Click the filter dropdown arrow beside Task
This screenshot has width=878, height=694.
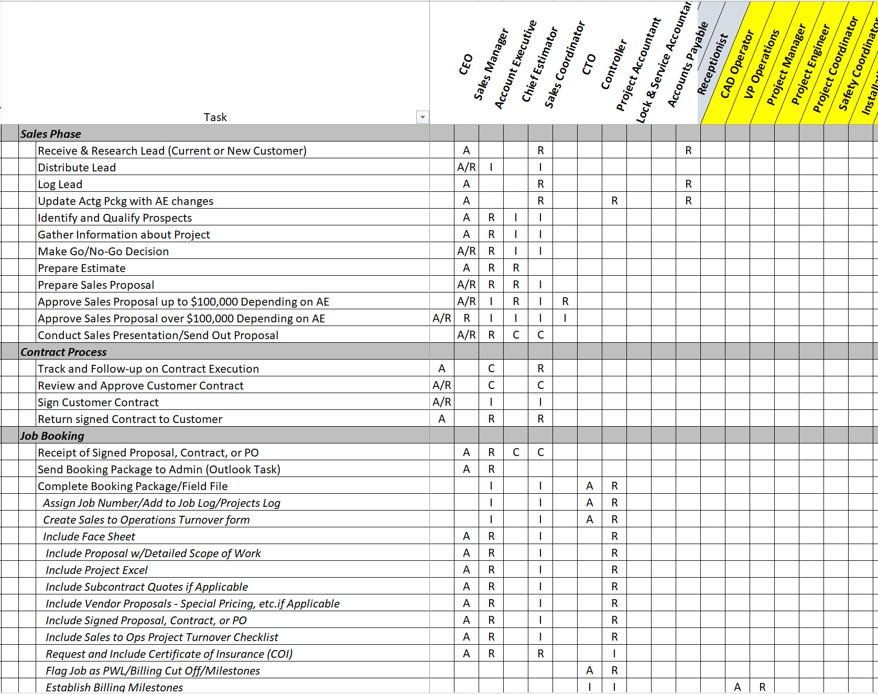coord(422,117)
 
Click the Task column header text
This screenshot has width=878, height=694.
coord(215,117)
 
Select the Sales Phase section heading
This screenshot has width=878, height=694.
coord(51,134)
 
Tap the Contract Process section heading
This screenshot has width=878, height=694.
coord(63,352)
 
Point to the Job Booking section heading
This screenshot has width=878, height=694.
coord(52,436)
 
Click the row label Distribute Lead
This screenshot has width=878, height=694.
coord(77,168)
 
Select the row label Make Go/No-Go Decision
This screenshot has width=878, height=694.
coord(103,252)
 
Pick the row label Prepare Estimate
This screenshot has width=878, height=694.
coord(82,268)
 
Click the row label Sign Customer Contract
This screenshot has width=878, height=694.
coord(98,403)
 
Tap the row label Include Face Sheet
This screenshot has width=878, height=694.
coord(89,537)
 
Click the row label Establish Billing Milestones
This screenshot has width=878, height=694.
coord(114,687)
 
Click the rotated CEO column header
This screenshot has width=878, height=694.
coord(466,64)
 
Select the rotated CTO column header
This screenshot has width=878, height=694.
coord(589,64)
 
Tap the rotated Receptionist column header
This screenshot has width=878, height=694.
coord(713,64)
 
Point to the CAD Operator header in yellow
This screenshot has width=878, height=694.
coord(736,64)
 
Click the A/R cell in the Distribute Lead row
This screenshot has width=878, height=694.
coord(467,168)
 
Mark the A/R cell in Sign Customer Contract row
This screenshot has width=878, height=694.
coord(442,403)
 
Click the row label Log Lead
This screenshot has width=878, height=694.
coord(60,185)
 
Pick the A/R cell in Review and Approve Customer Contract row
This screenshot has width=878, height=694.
coord(442,386)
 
